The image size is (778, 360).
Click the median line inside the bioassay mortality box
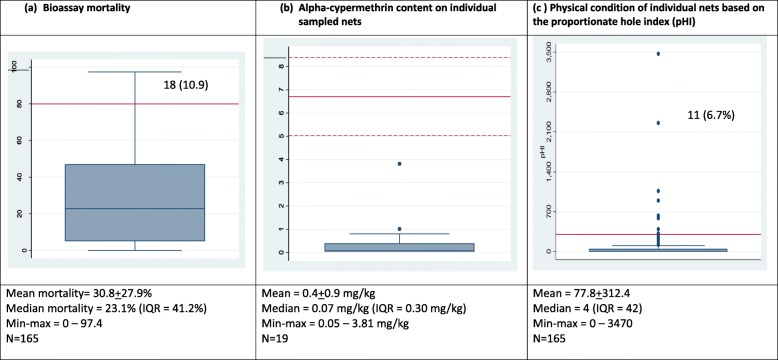pyautogui.click(x=134, y=209)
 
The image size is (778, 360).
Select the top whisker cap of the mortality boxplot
pyautogui.click(x=134, y=72)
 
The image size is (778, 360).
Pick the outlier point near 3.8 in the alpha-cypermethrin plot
pyautogui.click(x=400, y=164)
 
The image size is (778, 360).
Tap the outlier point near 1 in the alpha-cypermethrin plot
pyautogui.click(x=400, y=229)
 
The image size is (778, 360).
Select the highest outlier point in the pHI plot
pyautogui.click(x=658, y=53)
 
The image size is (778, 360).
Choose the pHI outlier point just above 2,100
pyautogui.click(x=658, y=123)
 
